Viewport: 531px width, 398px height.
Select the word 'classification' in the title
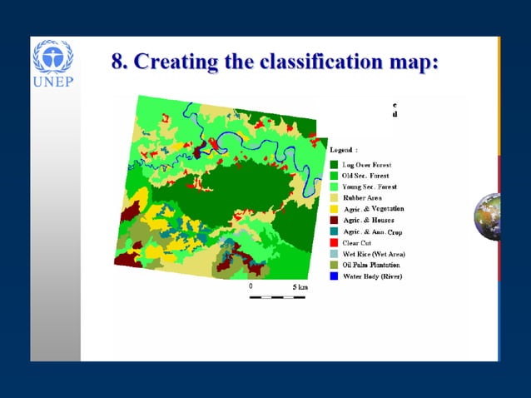click(320, 62)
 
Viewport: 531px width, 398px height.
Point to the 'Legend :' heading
click(344, 149)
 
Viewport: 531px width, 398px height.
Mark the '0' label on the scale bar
click(251, 286)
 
